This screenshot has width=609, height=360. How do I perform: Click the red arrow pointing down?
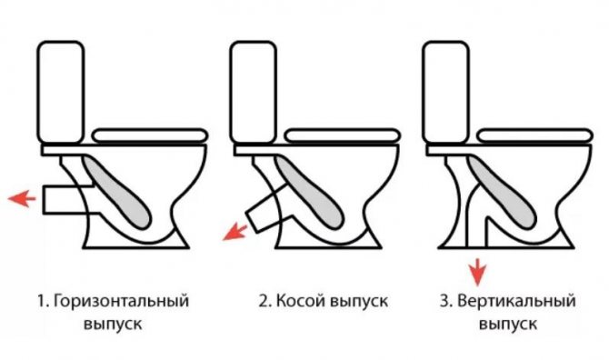(x=475, y=268)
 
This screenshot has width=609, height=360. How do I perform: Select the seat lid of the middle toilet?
(x=336, y=135)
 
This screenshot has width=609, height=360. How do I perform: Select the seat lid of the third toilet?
(x=531, y=135)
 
